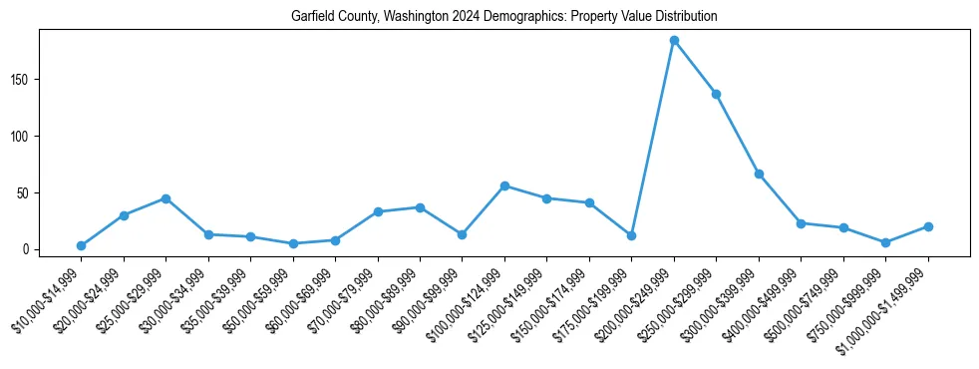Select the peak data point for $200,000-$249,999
pyautogui.click(x=674, y=41)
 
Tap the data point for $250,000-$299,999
pyautogui.click(x=716, y=94)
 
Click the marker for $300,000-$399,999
pyautogui.click(x=759, y=174)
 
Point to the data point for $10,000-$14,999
pyautogui.click(x=81, y=245)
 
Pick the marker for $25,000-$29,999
pyautogui.click(x=165, y=198)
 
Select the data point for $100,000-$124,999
pyautogui.click(x=504, y=185)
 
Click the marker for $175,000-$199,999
pyautogui.click(x=631, y=235)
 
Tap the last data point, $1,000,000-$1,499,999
pyautogui.click(x=928, y=226)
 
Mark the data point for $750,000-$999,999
pyautogui.click(x=885, y=242)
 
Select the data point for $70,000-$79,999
pyautogui.click(x=378, y=211)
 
